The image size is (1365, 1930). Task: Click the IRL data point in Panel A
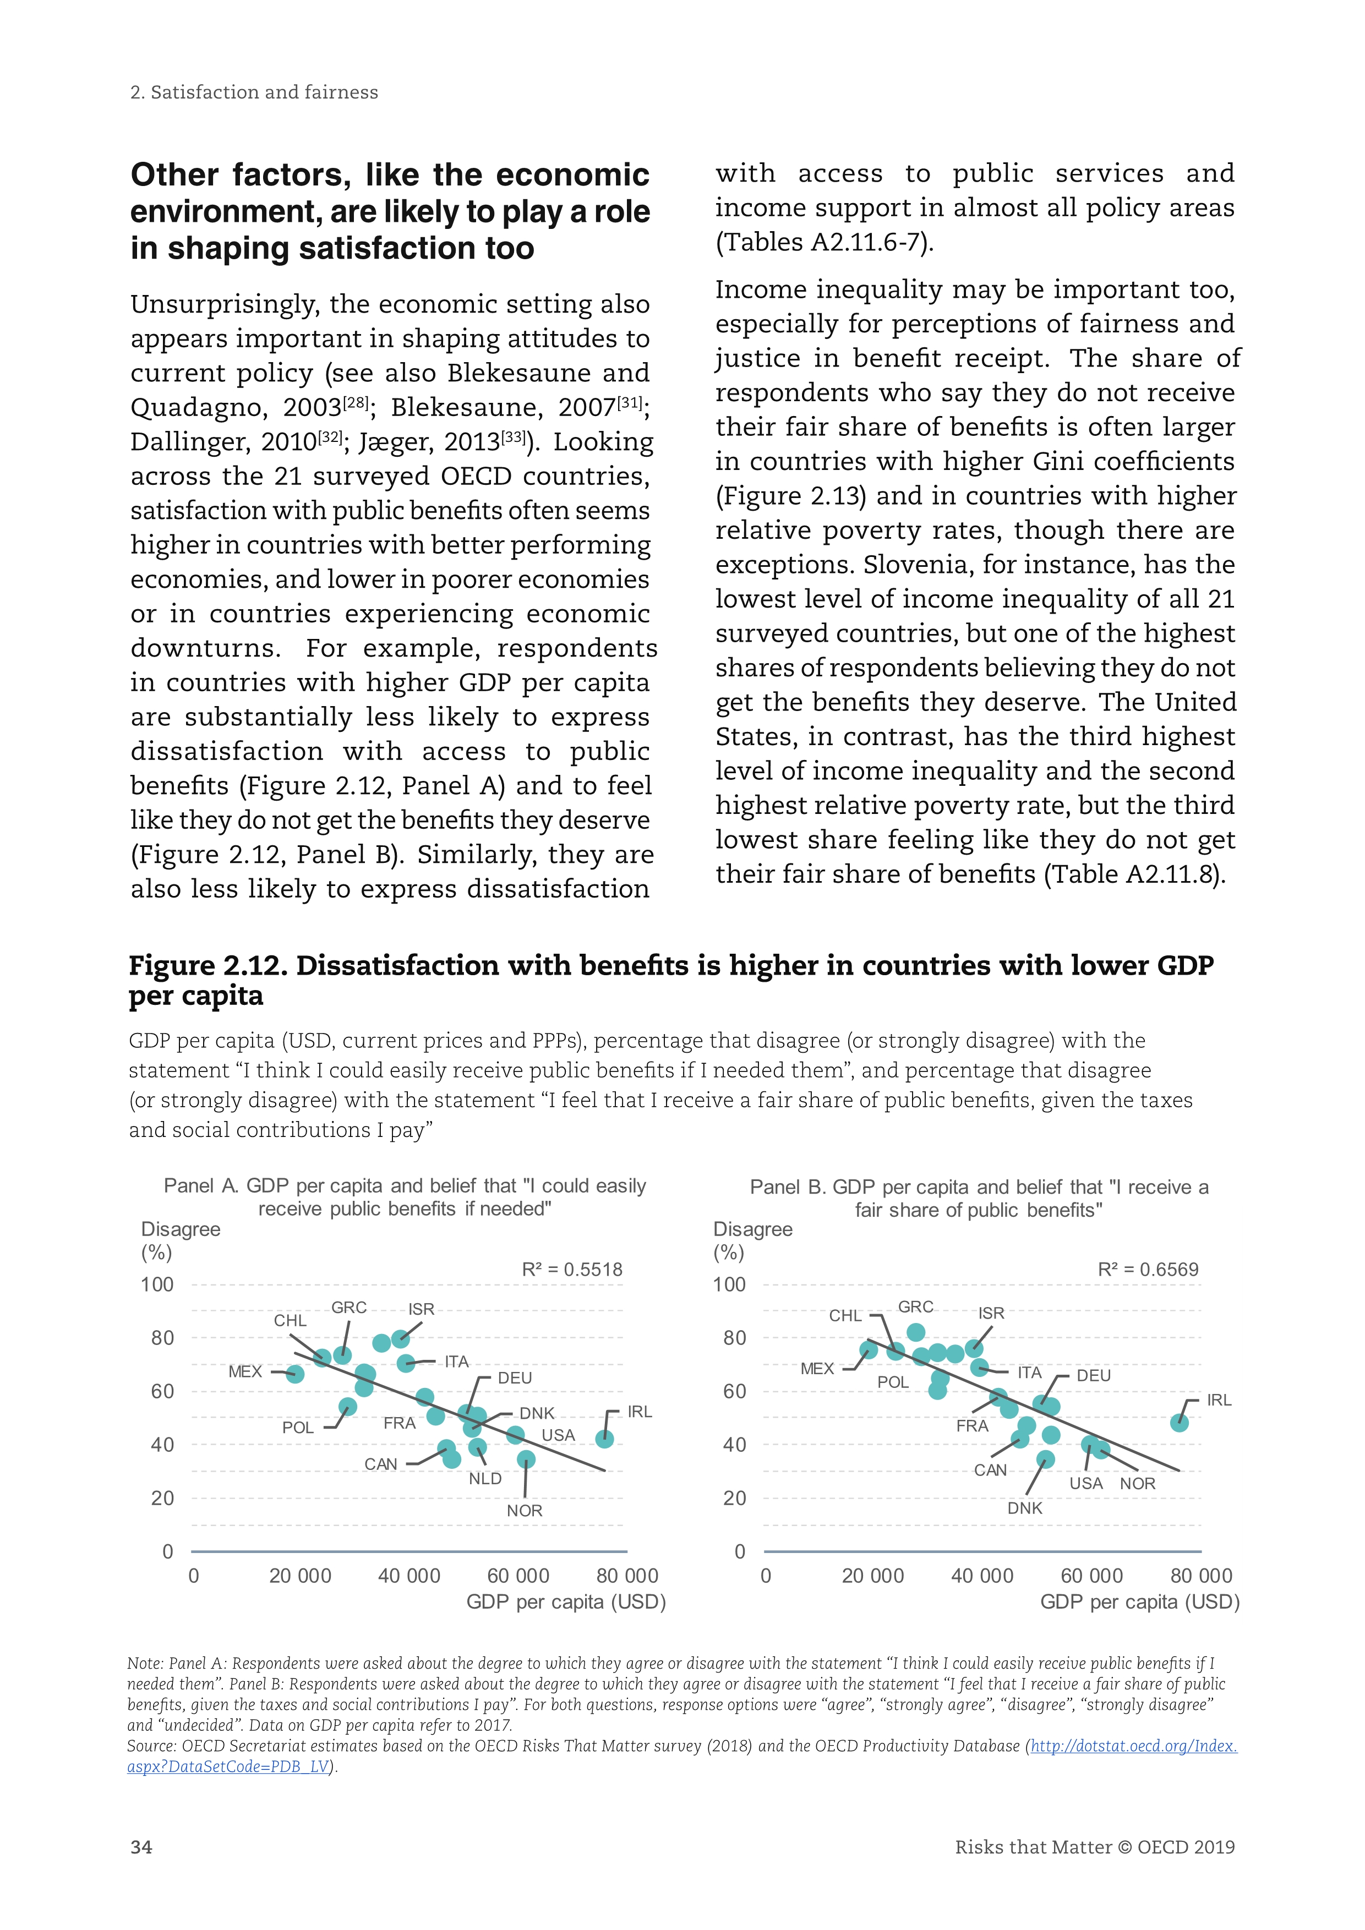604,1439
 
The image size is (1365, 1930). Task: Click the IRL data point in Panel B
1180,1422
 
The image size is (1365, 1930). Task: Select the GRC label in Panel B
915,1307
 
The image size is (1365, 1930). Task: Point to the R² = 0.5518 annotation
571,1269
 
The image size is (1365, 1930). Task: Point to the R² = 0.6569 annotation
1148,1269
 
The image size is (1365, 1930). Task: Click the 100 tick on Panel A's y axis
157,1285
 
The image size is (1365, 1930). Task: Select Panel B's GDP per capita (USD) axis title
1140,1602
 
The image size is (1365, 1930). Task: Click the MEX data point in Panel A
295,1374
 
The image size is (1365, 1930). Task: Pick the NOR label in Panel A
525,1511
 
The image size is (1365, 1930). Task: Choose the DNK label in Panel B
1025,1508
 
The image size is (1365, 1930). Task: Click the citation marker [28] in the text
356,403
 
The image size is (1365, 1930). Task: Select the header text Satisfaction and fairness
264,92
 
